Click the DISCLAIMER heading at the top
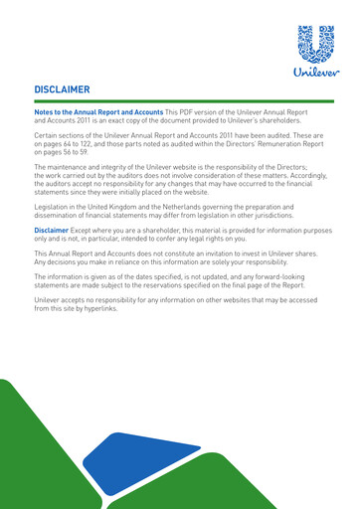pos(63,89)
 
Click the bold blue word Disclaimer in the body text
pos(53,230)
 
